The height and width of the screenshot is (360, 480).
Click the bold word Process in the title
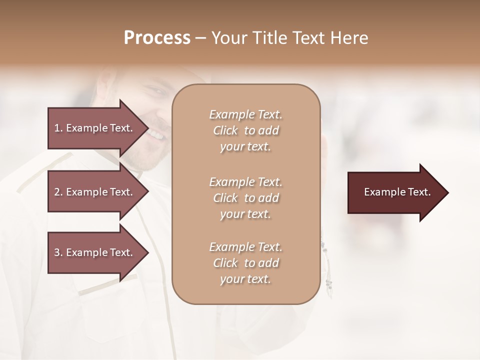click(157, 38)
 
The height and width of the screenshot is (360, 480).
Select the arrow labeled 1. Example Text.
click(95, 128)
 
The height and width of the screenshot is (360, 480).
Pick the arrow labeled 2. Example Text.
click(95, 192)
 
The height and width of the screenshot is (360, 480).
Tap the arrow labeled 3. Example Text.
click(95, 252)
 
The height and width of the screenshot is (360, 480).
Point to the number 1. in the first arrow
click(58, 128)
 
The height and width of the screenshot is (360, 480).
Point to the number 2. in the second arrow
click(58, 192)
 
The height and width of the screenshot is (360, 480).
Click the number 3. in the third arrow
click(58, 252)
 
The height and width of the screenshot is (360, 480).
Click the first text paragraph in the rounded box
click(245, 130)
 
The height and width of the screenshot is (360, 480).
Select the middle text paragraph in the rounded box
click(245, 197)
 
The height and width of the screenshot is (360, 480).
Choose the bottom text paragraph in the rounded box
click(245, 263)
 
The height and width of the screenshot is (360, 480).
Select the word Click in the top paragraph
click(225, 130)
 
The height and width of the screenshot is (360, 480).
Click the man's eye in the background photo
click(156, 92)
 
